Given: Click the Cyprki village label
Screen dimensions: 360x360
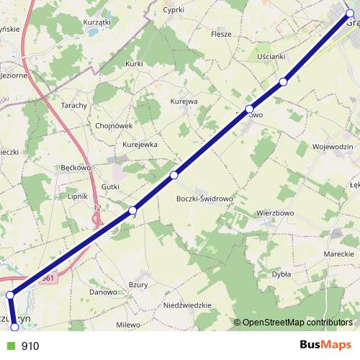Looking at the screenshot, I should pos(174,10).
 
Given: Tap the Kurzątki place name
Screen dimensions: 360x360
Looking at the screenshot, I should pos(96,23).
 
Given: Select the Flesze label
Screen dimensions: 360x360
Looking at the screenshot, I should pos(221,33).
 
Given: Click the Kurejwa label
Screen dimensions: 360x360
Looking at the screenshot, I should pos(184,102).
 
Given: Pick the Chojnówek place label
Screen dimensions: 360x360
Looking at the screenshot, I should pos(114,125).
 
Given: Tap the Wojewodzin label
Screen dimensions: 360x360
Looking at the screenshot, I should pos(332,147).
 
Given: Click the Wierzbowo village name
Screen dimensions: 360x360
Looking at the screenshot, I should pos(277,213).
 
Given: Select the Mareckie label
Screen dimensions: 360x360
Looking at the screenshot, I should pos(338,255).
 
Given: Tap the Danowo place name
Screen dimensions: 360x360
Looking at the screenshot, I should pos(103,292).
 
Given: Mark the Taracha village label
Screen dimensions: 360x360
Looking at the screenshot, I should pos(74,105).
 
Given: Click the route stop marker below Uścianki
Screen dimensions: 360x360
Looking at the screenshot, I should pos(284,82).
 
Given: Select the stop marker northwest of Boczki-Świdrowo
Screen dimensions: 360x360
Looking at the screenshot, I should pos(174,175).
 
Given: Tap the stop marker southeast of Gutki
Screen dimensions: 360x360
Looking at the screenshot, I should pos(132,210).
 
